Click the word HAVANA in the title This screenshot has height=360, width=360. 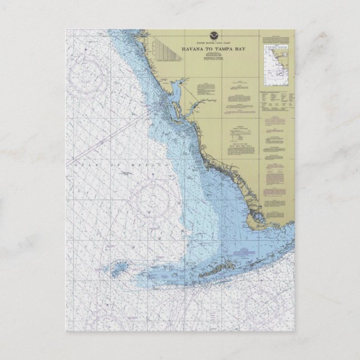click(x=193, y=49)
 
